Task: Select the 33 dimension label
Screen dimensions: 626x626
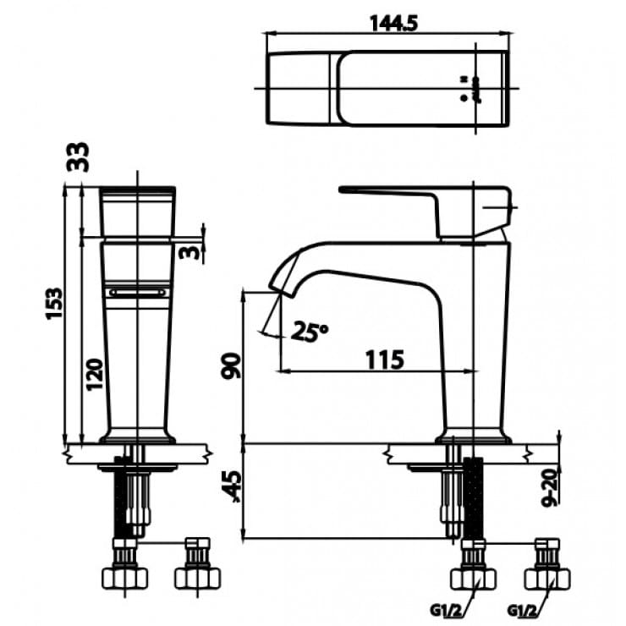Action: pyautogui.click(x=79, y=157)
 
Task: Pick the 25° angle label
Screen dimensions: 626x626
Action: pyautogui.click(x=310, y=331)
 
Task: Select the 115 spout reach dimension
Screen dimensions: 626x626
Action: pyautogui.click(x=384, y=359)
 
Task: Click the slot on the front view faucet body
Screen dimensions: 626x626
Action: pyautogui.click(x=138, y=291)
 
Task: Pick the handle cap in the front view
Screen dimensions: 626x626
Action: pyautogui.click(x=138, y=211)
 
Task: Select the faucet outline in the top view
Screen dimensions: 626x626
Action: pyautogui.click(x=388, y=88)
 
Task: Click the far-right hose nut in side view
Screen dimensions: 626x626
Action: pyautogui.click(x=547, y=577)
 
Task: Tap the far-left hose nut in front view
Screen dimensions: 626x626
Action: pyautogui.click(x=124, y=577)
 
